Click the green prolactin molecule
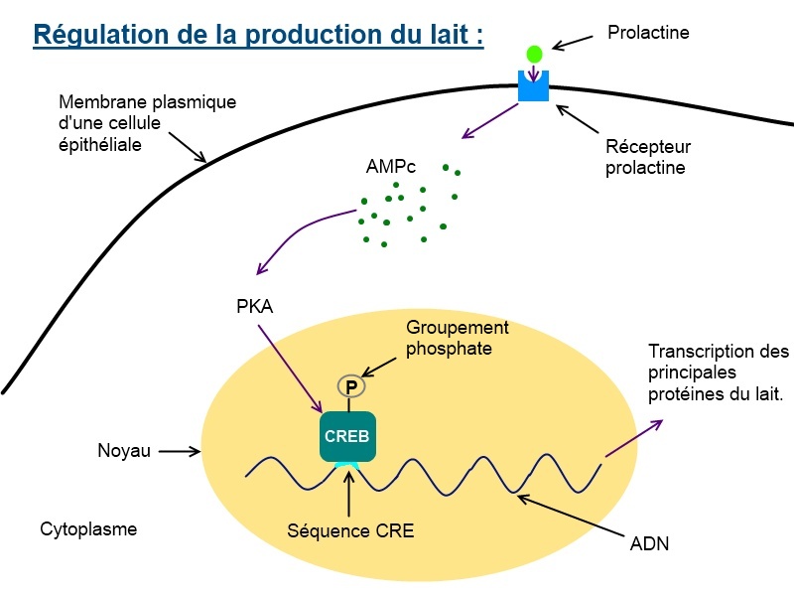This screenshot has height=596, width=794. tap(534, 54)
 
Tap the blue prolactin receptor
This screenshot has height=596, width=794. tap(534, 85)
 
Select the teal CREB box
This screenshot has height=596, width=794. tap(347, 436)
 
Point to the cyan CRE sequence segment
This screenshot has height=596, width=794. tap(347, 466)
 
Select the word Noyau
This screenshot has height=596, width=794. tap(124, 451)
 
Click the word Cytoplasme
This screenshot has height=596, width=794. tap(88, 529)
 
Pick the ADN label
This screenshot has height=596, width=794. tap(650, 543)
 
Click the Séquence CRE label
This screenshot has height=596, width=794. tap(349, 531)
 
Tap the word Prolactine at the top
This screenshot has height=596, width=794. tap(648, 33)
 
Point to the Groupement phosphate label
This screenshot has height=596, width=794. tap(457, 338)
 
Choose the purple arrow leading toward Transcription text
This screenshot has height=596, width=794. tap(633, 438)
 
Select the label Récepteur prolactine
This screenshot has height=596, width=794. tap(647, 157)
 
